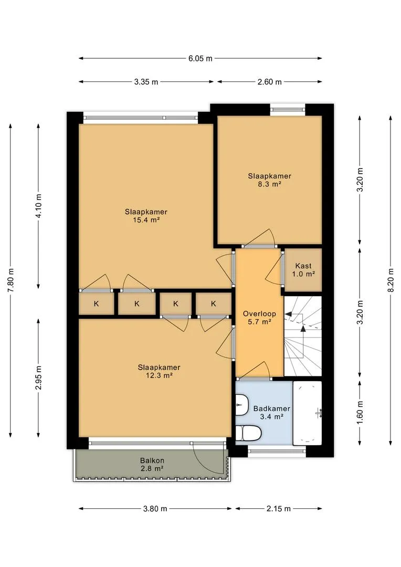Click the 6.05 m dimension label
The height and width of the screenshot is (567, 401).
tap(201, 58)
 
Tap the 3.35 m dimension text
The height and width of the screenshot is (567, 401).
tap(146, 82)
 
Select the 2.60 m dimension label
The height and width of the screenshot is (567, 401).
tap(269, 82)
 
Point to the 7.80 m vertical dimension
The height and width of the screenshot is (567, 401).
tap(10, 280)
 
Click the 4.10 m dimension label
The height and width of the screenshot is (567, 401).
tap(39, 205)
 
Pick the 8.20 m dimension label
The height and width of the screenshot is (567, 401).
tap(391, 280)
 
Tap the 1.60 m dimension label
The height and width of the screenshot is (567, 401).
tap(360, 413)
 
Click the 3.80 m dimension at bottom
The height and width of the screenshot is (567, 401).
tap(155, 509)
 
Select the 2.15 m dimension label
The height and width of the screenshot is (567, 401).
tap(278, 509)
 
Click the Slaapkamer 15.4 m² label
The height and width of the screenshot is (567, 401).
tap(146, 216)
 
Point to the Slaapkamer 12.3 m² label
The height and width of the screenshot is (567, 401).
tap(159, 371)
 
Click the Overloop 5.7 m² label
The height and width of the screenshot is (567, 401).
tap(259, 318)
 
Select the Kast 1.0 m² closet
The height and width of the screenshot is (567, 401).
tap(303, 270)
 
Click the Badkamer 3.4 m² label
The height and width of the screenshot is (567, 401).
tap(271, 413)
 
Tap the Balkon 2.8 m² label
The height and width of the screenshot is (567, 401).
tap(152, 465)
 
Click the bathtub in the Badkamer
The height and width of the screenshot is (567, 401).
tap(307, 413)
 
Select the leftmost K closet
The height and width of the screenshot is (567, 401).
tap(96, 303)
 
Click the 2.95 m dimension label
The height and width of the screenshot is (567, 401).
tap(39, 378)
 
